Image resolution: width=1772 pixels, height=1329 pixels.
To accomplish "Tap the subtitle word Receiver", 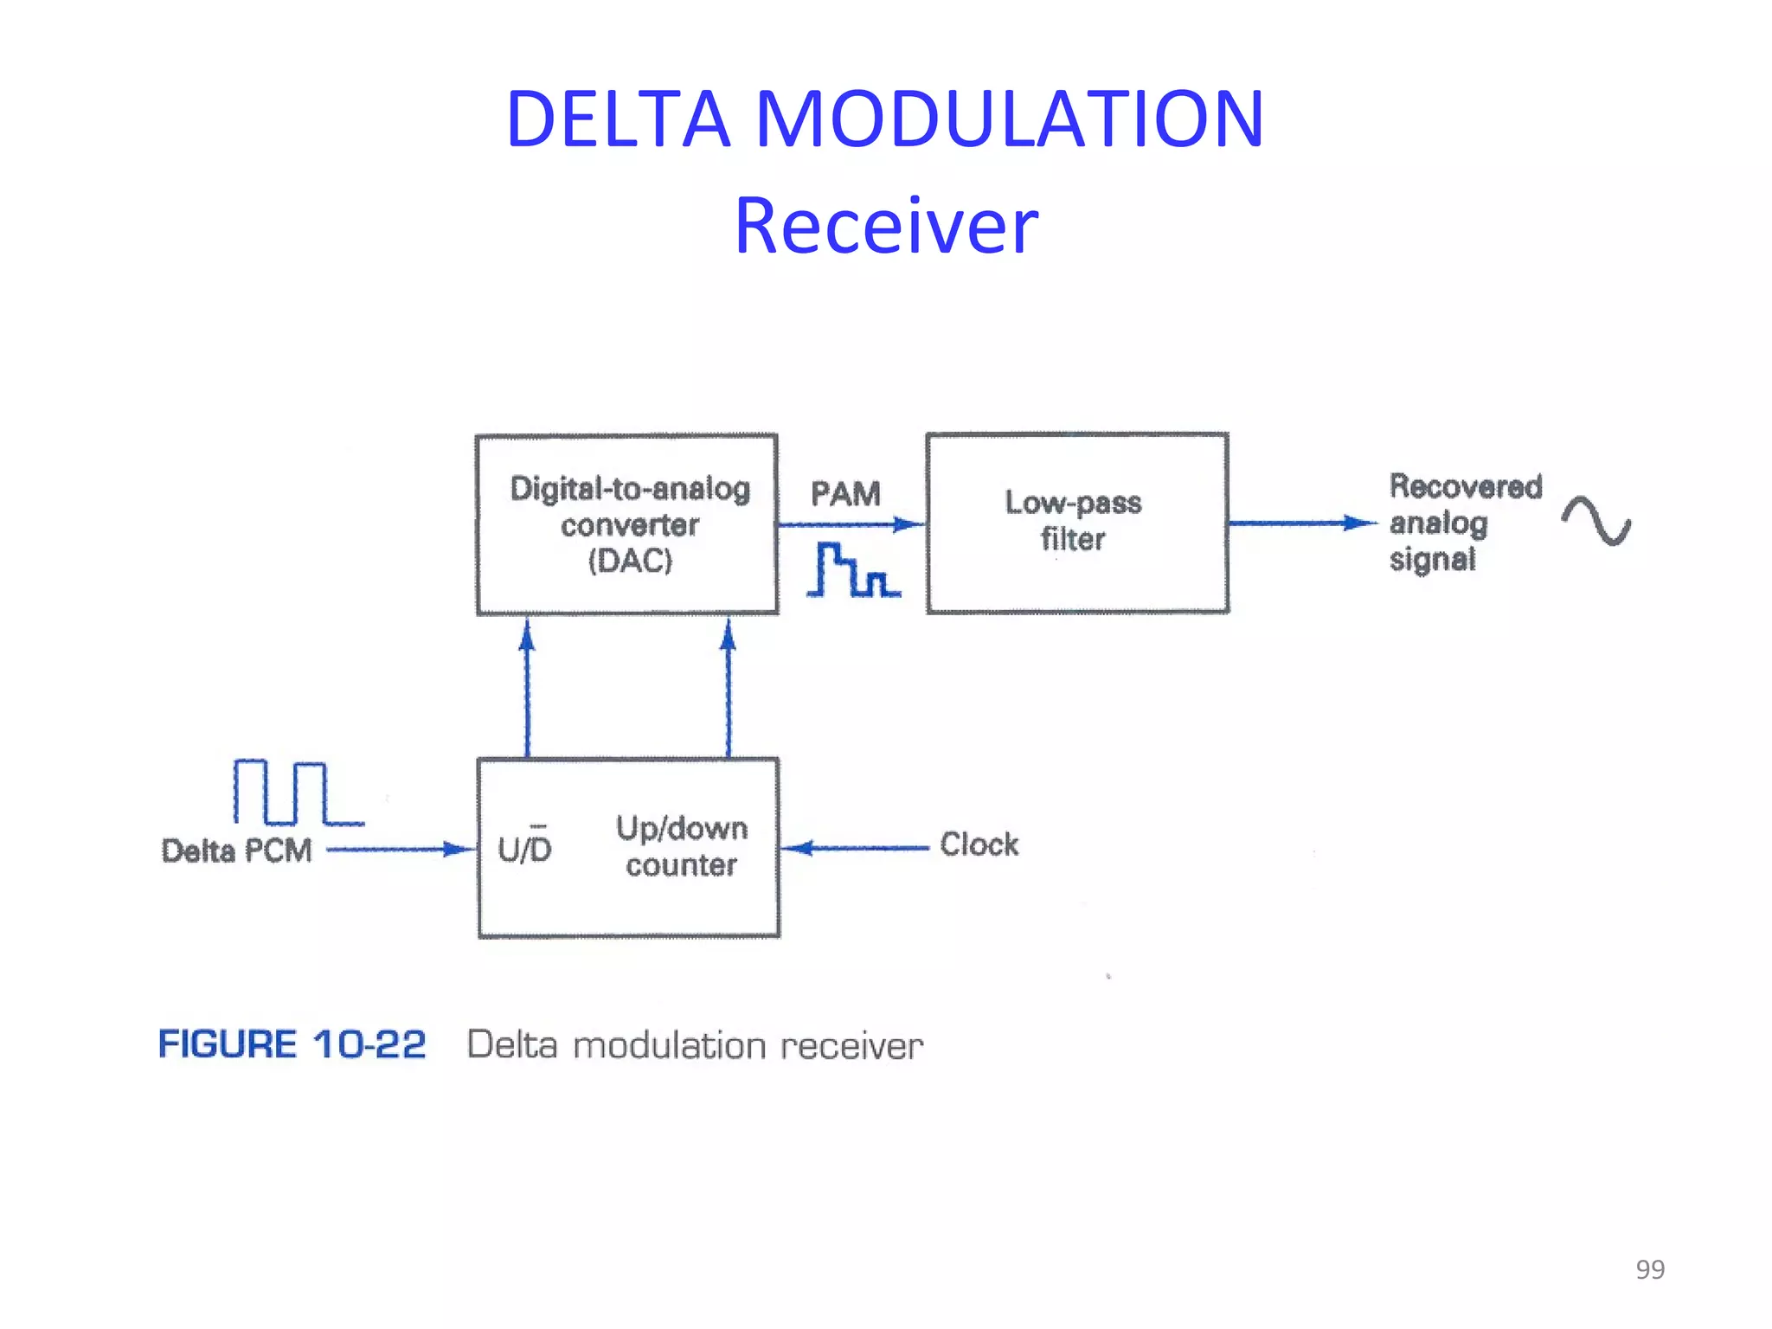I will click(886, 227).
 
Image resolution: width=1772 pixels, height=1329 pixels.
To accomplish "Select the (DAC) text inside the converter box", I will click(630, 562).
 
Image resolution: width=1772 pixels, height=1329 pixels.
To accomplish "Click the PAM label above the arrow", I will click(845, 494).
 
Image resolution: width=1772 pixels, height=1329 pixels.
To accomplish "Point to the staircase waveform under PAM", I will click(852, 570).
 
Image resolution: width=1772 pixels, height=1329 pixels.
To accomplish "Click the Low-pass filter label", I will click(1073, 520).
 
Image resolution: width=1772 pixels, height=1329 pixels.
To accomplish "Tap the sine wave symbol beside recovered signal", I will click(1595, 521).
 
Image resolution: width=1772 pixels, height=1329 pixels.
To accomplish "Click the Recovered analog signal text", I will click(1464, 523).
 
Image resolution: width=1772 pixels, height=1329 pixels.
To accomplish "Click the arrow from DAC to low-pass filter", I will click(851, 524).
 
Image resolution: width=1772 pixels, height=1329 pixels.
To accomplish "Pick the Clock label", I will click(979, 844).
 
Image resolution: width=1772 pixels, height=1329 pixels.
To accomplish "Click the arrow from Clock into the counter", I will click(857, 848).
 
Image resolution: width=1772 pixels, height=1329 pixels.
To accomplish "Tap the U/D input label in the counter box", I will click(524, 847).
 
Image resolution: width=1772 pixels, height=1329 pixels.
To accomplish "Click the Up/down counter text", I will click(682, 846).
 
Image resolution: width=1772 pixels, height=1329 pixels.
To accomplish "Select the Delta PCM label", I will click(236, 851).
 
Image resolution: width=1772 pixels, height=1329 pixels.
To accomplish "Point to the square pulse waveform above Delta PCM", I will click(295, 793).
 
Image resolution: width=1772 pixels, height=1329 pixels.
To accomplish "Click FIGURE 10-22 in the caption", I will click(292, 1044).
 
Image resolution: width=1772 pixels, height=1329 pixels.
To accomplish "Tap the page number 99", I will click(1649, 1269).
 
